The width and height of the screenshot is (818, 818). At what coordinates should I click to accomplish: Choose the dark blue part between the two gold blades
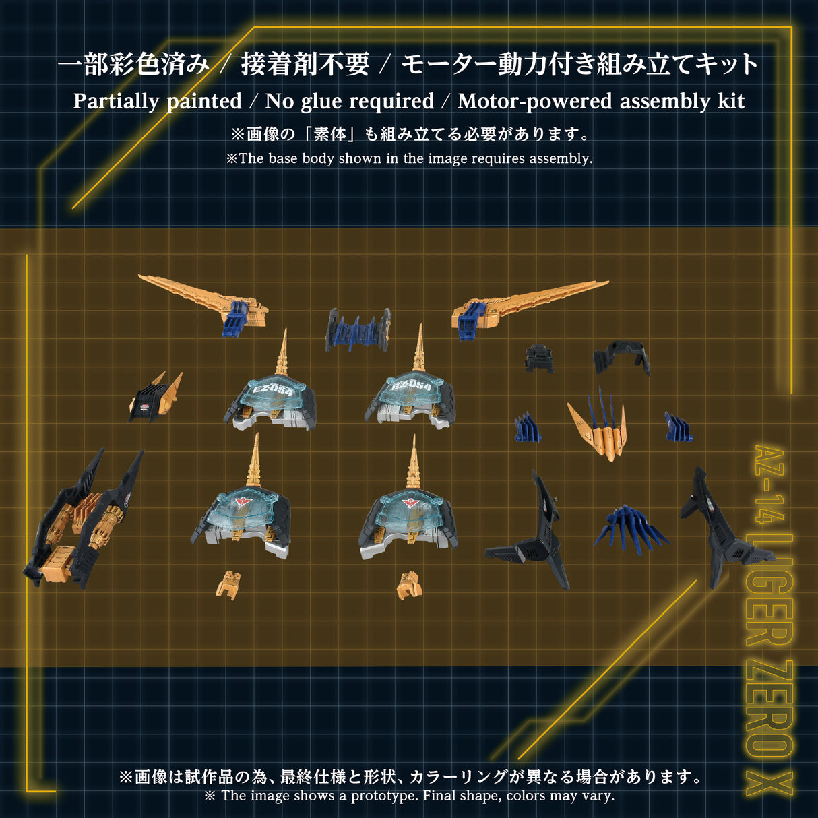358,329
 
